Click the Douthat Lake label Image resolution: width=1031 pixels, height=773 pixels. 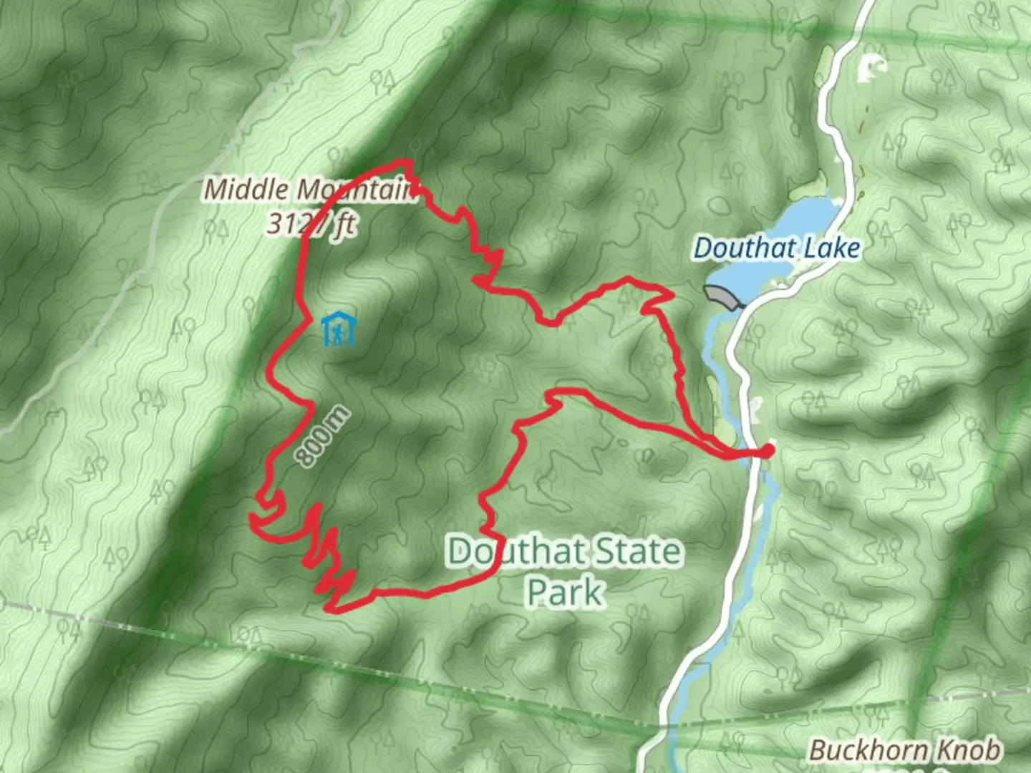point(777,248)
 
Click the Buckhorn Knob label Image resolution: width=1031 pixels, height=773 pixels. point(905,750)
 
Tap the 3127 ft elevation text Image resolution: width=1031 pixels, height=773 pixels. point(312,224)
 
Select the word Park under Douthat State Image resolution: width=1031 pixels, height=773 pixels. point(565,592)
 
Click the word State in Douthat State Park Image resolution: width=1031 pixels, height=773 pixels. point(637,552)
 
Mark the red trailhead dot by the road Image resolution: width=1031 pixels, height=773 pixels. point(767,450)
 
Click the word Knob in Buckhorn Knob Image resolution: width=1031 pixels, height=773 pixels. point(969,750)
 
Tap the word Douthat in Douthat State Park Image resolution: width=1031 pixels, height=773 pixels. point(515,552)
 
